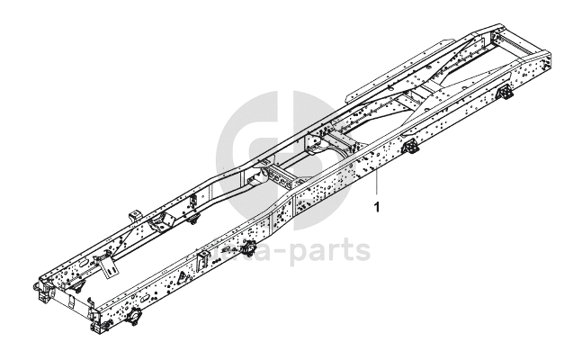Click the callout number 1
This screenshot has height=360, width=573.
(x=376, y=207)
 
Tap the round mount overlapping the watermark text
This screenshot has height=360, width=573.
(x=248, y=248)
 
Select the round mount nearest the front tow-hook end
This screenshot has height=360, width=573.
(x=134, y=319)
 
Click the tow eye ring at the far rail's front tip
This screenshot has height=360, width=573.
(x=38, y=286)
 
